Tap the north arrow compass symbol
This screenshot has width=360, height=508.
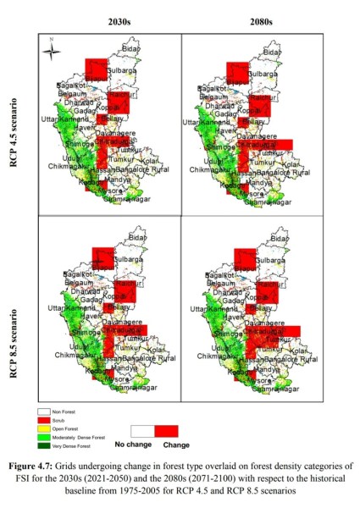(52, 48)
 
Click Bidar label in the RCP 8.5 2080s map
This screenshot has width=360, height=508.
(271, 239)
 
